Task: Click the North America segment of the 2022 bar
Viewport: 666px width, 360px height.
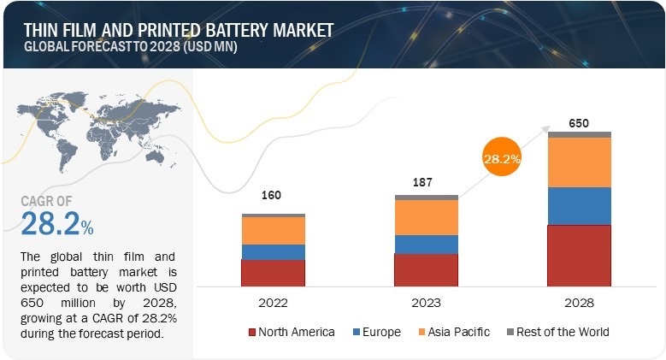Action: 273,272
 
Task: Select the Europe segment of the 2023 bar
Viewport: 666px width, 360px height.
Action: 426,244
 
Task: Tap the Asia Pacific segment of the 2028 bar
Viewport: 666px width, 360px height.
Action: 579,162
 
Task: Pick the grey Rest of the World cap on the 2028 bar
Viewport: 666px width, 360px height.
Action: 579,134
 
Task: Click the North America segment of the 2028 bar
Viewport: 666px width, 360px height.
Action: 579,255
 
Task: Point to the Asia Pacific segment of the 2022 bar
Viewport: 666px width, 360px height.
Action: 273,230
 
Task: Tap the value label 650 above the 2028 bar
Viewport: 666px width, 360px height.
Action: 579,122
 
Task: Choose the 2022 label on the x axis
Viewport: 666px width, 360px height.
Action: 273,303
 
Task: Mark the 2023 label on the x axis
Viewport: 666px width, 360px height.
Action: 426,303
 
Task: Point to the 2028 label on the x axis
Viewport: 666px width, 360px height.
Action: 579,303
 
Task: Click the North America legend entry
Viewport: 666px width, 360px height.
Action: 291,331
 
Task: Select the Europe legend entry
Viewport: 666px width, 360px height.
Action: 377,331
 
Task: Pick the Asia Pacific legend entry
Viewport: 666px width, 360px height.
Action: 453,331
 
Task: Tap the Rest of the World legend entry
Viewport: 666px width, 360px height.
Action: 557,331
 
